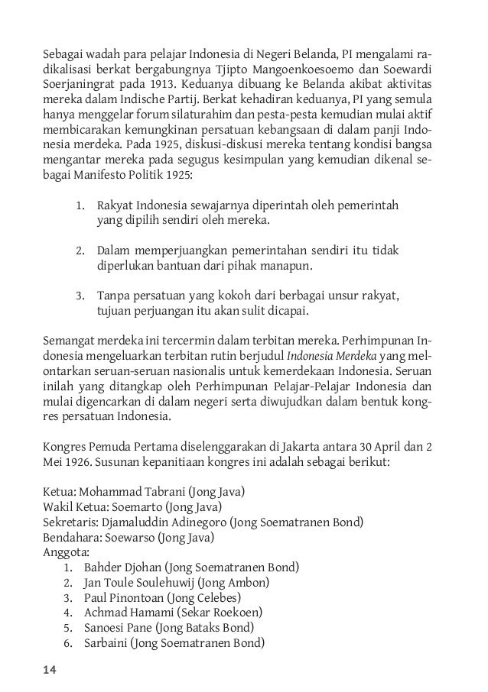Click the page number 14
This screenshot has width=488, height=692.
point(49,670)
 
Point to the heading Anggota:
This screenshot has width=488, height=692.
point(65,552)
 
